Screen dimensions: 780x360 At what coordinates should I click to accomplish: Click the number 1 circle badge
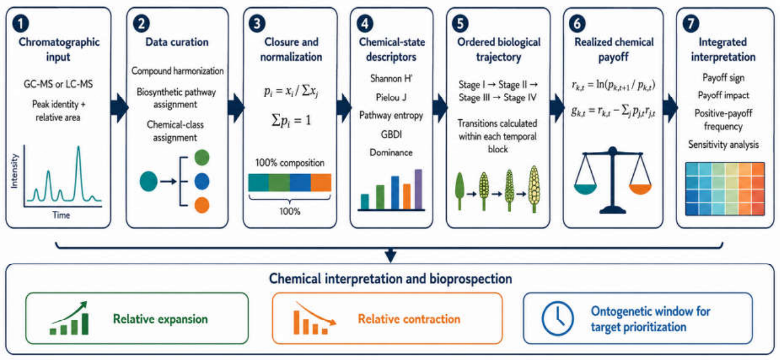click(20, 24)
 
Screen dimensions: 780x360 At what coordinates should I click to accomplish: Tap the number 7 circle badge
click(691, 24)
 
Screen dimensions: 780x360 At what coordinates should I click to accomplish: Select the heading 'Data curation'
click(177, 42)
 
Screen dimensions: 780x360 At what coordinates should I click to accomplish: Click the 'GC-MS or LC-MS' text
click(58, 84)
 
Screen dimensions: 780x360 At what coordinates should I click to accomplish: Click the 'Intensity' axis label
click(14, 171)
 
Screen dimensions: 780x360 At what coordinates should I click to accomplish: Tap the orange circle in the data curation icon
click(202, 205)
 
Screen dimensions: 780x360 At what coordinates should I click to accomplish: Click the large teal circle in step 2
click(149, 181)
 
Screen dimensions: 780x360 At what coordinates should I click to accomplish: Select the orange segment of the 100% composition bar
click(320, 182)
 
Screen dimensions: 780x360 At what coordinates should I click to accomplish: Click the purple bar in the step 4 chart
click(418, 189)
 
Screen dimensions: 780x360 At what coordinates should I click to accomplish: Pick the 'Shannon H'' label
click(391, 79)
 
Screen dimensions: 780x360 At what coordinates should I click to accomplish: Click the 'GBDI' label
click(391, 134)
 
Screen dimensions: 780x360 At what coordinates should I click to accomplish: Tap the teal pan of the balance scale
click(585, 189)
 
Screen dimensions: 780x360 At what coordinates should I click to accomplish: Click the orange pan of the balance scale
click(640, 189)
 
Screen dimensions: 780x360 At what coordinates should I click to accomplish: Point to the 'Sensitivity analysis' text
click(723, 144)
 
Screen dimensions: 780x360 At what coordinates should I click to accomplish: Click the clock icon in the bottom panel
click(557, 319)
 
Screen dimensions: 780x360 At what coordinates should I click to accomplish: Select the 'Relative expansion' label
click(160, 319)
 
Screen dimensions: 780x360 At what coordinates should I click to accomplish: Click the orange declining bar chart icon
click(314, 319)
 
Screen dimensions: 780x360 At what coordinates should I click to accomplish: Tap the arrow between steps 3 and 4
click(344, 108)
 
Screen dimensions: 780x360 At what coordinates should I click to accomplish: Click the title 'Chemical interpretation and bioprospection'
click(391, 279)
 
